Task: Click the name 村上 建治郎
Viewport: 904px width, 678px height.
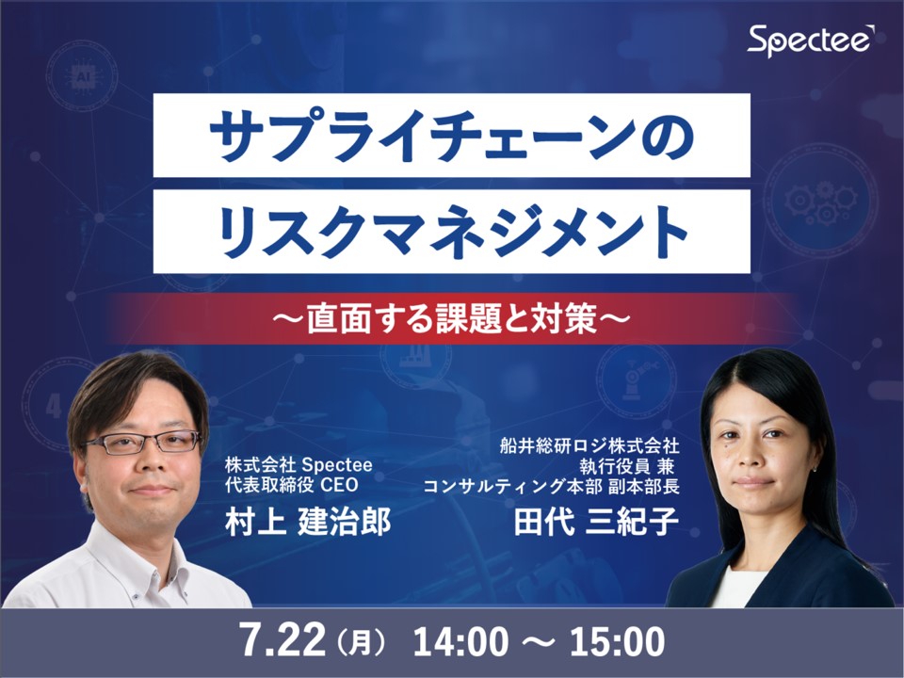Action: click(x=307, y=523)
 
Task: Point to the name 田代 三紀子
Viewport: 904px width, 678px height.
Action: click(x=596, y=523)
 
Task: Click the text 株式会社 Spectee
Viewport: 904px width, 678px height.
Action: click(x=299, y=465)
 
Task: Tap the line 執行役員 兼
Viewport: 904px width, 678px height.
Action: click(x=630, y=465)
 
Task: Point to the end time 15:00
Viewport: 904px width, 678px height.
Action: click(x=616, y=642)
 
